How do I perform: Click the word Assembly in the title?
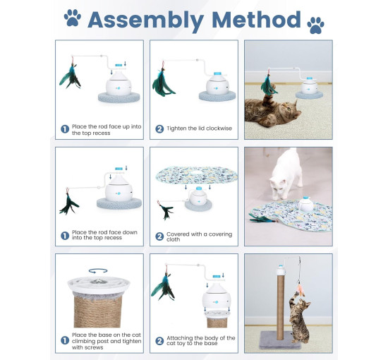[x=146, y=20]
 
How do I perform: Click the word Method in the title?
[x=256, y=20]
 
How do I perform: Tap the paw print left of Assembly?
[x=72, y=18]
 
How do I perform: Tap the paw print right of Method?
[x=315, y=25]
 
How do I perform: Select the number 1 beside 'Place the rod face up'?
[x=65, y=129]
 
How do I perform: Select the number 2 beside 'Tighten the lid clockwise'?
[x=159, y=128]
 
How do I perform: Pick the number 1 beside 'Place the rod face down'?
[x=65, y=236]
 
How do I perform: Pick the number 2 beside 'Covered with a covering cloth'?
[x=159, y=236]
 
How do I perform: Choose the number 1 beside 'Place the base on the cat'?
[x=65, y=340]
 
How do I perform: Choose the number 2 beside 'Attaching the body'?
[x=159, y=341]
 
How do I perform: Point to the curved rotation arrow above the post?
[x=98, y=271]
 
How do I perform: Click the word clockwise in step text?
[x=219, y=128]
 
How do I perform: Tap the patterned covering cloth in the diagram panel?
[x=197, y=175]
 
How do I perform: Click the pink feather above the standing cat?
[x=301, y=290]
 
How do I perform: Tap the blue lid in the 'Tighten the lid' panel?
[x=217, y=73]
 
